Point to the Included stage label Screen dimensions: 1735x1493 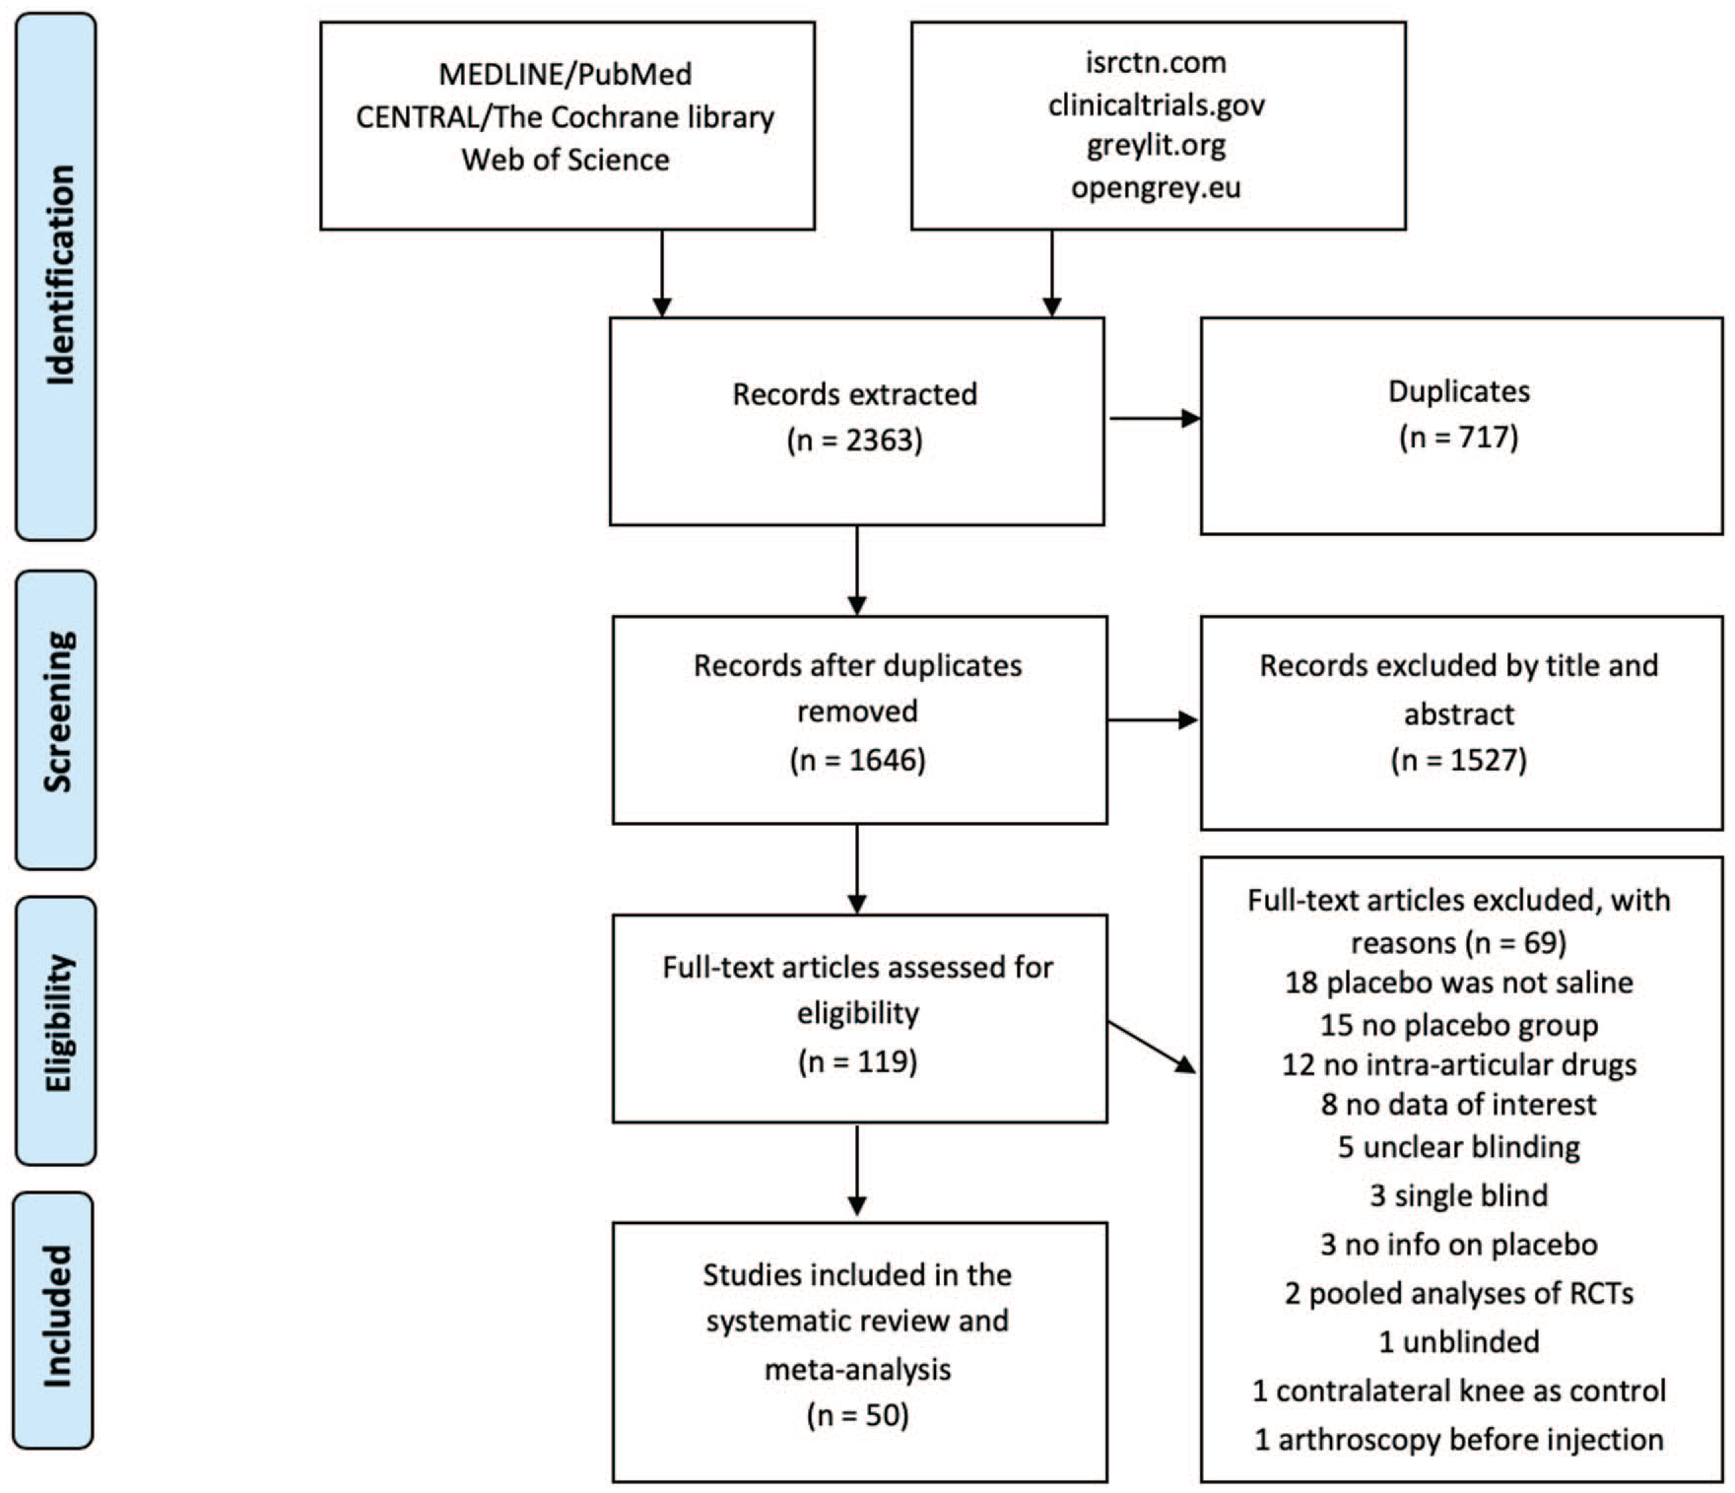click(57, 1317)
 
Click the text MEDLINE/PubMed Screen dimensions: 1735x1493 click(566, 74)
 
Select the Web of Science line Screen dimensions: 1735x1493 click(566, 159)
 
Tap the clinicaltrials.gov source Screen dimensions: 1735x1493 click(1157, 104)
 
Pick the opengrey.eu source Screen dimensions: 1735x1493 click(1157, 187)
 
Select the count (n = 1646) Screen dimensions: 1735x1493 click(858, 760)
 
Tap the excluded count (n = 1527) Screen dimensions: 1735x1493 click(1459, 760)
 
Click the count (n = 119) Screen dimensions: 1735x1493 click(858, 1061)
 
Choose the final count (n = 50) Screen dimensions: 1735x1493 click(858, 1415)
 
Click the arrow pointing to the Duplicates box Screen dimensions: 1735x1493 click(1155, 419)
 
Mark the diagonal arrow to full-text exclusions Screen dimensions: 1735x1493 click(1152, 1048)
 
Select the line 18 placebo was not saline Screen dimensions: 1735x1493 click(1459, 983)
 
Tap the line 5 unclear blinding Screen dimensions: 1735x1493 click(1459, 1146)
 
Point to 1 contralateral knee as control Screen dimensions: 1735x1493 click(1459, 1391)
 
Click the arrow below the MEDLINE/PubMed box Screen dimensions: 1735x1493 click(662, 274)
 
